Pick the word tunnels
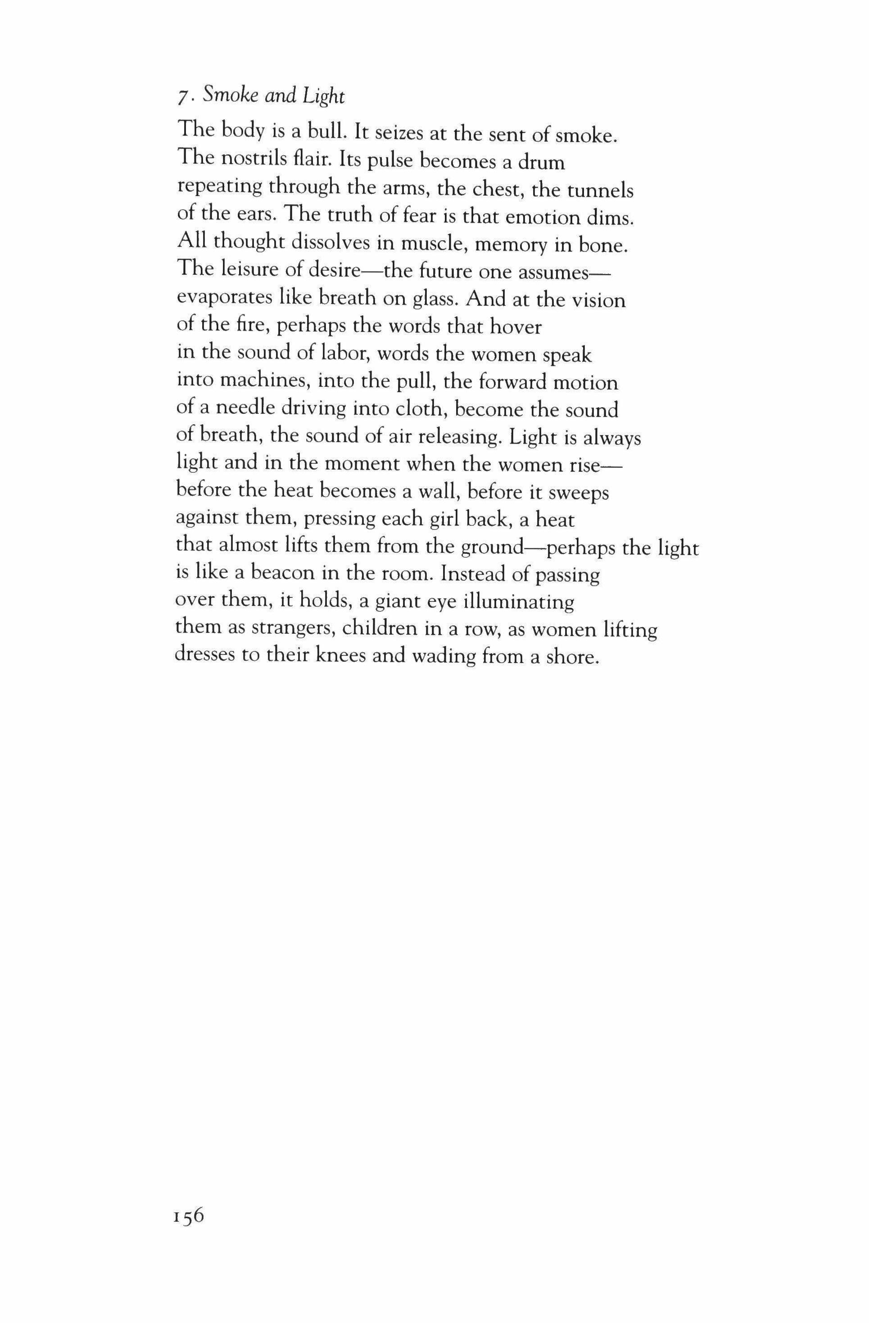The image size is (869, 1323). (x=600, y=190)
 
